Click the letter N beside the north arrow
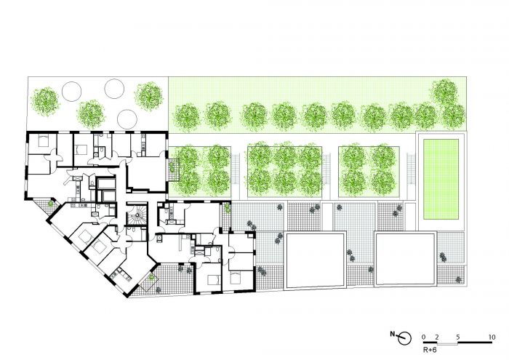393,334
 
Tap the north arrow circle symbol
404,338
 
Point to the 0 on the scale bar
423,337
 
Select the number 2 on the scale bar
437,337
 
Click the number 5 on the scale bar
457,337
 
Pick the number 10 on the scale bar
492,337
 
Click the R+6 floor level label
430,350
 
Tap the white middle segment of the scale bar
447,343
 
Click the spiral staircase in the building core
137,214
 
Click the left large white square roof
315,260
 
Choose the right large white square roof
405,259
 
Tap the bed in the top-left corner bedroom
43,140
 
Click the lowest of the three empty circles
127,119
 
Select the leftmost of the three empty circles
71,91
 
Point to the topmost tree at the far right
445,92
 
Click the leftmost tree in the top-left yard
45,102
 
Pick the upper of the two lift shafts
106,183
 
